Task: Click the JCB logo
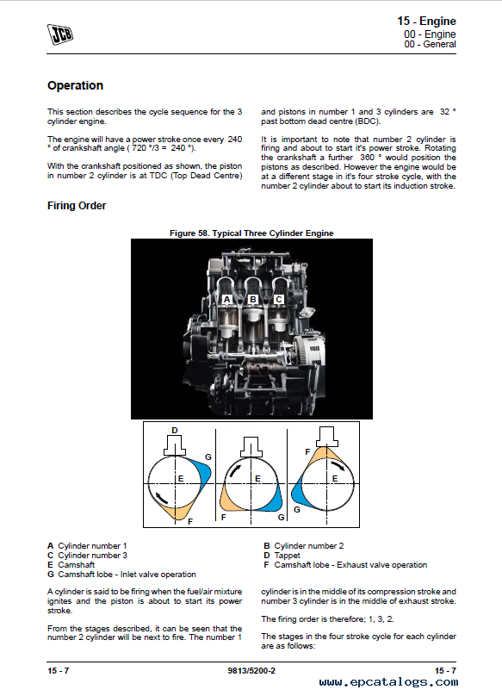coord(60,34)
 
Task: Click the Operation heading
coord(76,85)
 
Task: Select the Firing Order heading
coord(77,206)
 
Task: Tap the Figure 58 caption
coord(251,233)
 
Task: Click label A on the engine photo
coord(226,299)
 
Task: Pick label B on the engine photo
coord(253,299)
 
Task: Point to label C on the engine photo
coord(279,299)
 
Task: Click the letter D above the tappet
coord(175,430)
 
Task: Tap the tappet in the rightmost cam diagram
coord(327,437)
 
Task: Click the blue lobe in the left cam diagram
coord(204,475)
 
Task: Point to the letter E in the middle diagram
coord(257,479)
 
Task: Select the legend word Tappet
coord(288,556)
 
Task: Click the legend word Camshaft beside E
coord(77,564)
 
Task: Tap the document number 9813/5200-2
coord(251,670)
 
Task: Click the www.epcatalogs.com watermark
coord(388,682)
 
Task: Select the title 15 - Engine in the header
coord(426,21)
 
